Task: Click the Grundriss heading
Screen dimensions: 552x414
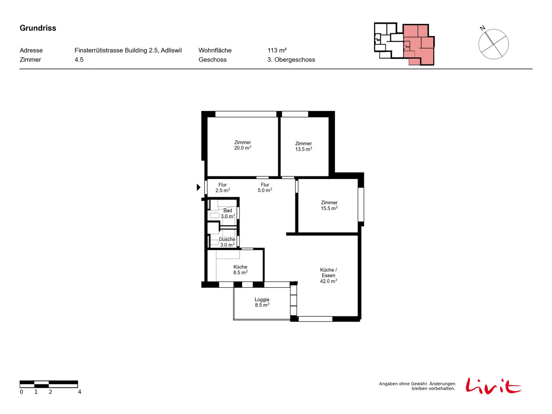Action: point(38,28)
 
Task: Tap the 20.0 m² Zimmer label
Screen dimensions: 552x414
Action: point(243,145)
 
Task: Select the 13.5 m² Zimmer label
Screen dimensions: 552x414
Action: point(303,146)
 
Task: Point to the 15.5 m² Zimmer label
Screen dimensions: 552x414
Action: point(329,205)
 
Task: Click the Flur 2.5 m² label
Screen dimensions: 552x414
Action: point(223,188)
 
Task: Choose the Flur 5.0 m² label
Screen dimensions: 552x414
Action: point(265,188)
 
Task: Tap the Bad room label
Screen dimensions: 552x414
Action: point(228,213)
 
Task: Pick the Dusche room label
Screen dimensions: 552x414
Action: point(227,242)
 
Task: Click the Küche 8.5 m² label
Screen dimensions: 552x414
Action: point(240,269)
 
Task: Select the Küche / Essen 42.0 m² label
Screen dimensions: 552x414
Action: point(328,275)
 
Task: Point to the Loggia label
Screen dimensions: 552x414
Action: point(262,302)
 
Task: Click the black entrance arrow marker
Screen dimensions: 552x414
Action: point(198,187)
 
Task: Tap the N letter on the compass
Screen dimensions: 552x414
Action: point(482,28)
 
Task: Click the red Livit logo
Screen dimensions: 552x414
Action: point(493,386)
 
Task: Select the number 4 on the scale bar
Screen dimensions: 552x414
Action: point(79,392)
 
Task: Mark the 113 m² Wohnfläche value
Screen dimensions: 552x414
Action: point(277,50)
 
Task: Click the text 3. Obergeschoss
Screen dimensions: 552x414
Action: point(291,60)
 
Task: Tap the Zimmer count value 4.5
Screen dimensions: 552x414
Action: point(79,60)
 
